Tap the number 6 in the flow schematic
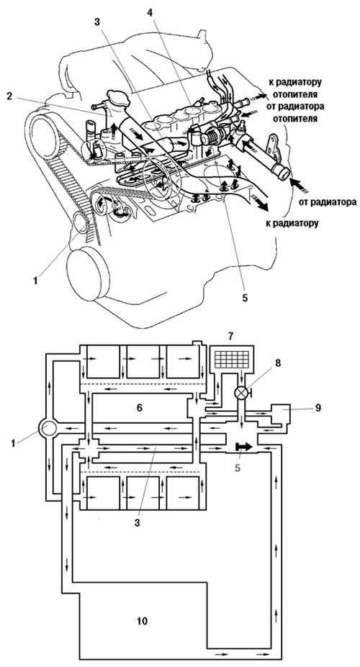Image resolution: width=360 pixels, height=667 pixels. coord(140,408)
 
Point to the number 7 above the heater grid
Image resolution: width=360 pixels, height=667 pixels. coord(230,337)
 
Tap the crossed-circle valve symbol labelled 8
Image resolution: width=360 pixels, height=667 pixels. coord(241,393)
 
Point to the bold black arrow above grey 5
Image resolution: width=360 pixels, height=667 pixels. coord(243,447)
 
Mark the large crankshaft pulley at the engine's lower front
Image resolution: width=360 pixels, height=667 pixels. coord(85,273)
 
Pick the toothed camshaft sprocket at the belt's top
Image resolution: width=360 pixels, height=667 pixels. coord(44,129)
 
